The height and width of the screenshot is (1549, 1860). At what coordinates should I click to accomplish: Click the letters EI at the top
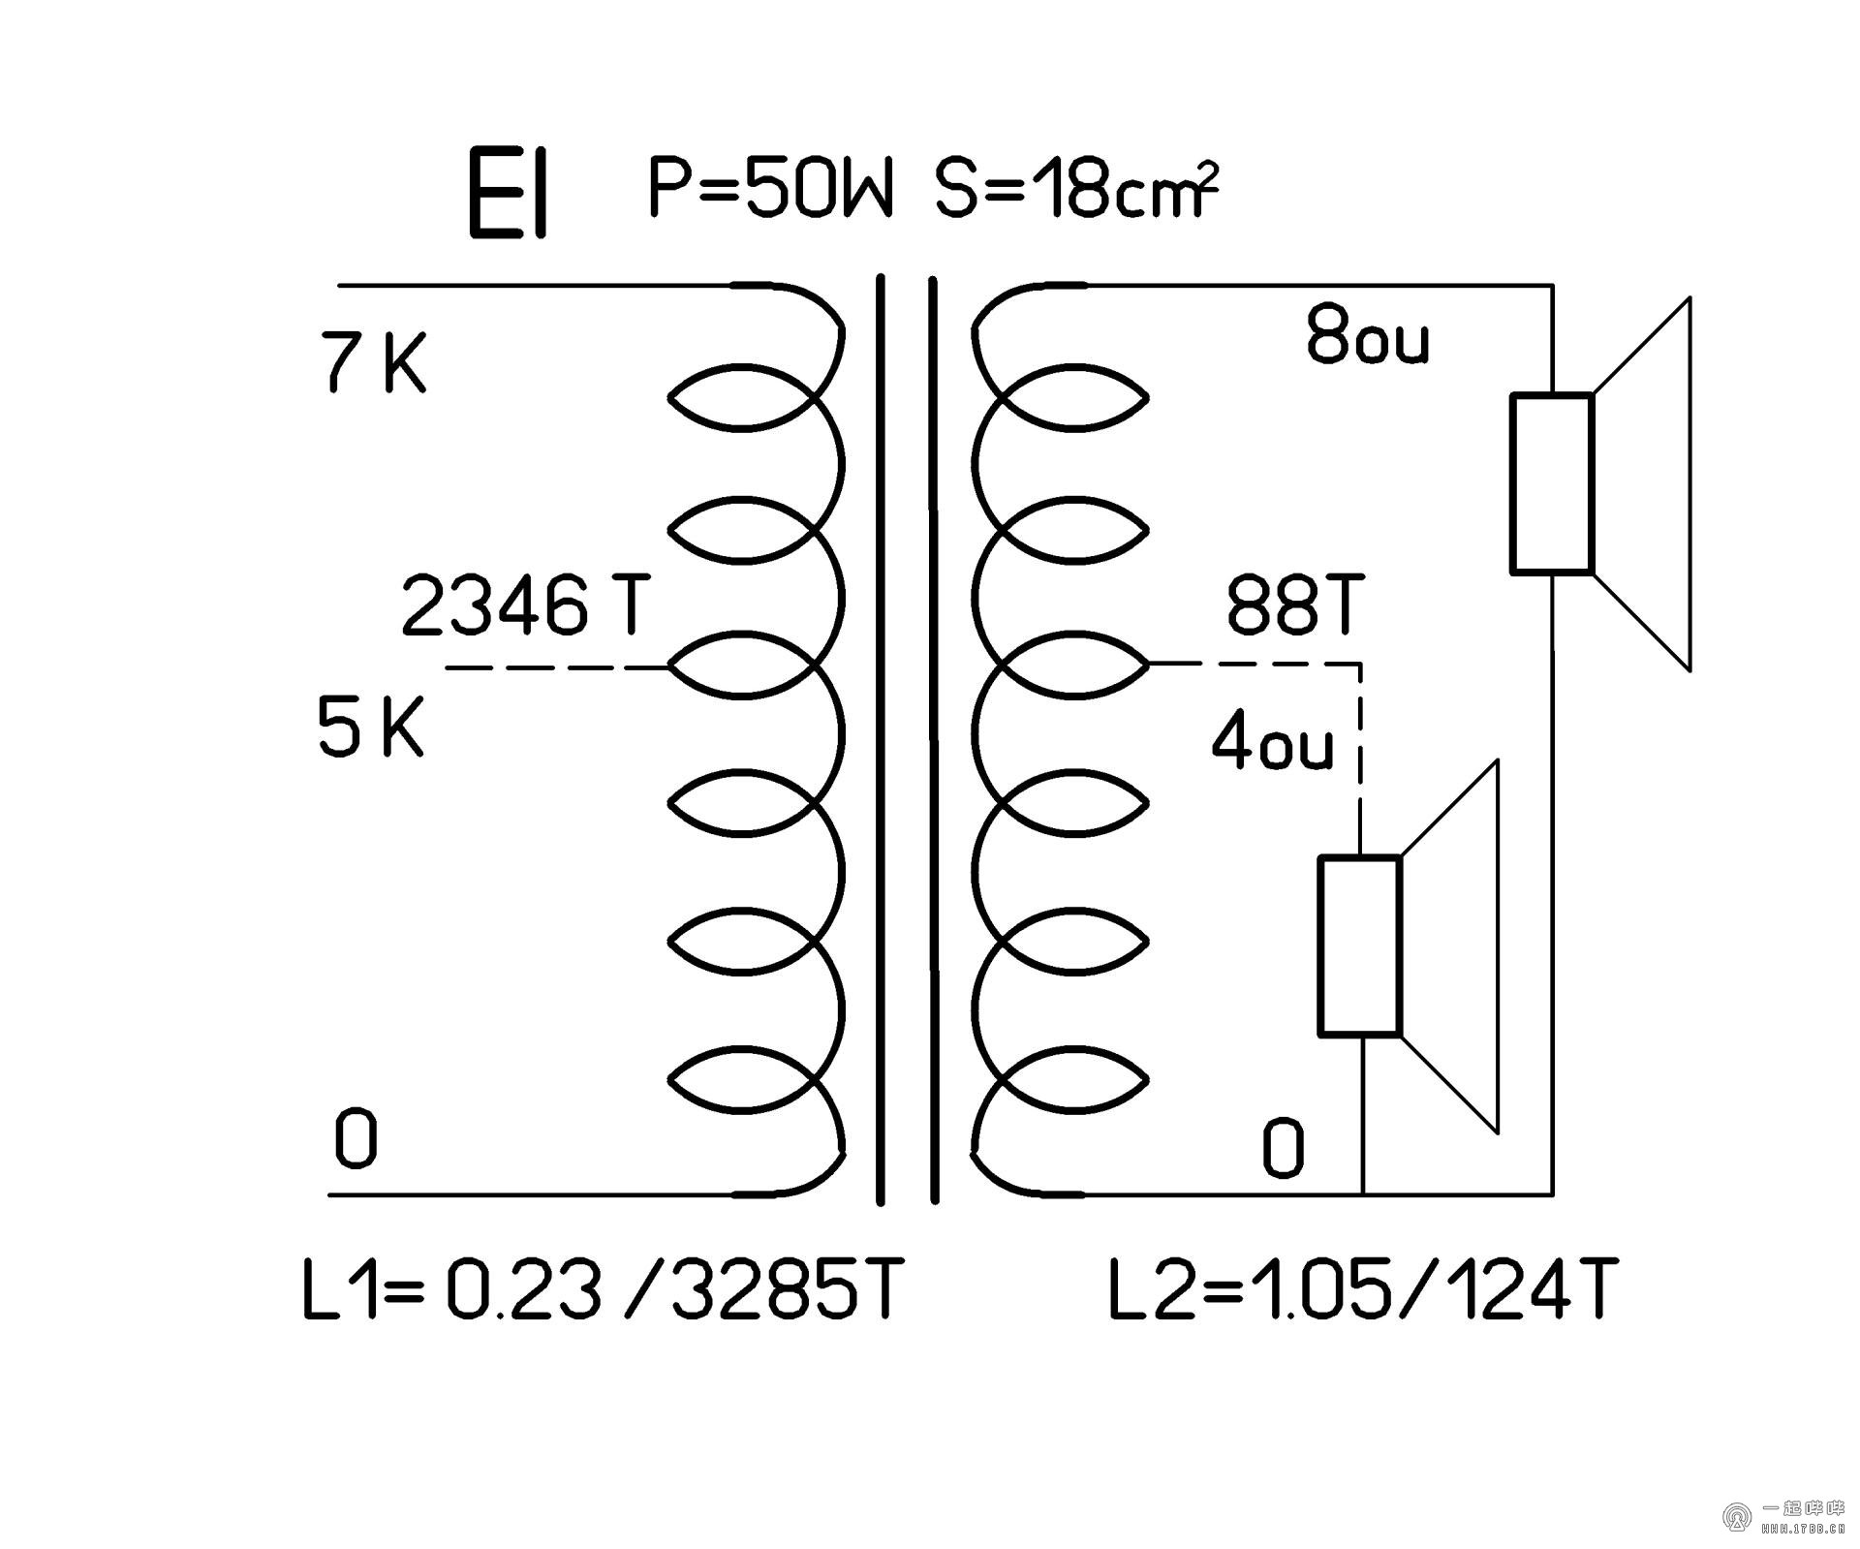[508, 194]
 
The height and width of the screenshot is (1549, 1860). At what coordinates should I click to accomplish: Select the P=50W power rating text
[768, 188]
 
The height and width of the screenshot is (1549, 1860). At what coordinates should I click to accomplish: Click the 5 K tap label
[370, 728]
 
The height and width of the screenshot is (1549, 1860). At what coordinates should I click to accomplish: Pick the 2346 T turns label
[524, 606]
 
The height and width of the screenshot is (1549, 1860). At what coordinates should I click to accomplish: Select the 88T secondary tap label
[1294, 604]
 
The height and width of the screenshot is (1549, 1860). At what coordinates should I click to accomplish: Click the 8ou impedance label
[1367, 335]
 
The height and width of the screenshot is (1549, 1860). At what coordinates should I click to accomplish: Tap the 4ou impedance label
[1272, 744]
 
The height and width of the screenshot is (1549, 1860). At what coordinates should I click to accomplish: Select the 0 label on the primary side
[355, 1139]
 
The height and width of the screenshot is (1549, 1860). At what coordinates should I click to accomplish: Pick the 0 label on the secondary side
[1283, 1149]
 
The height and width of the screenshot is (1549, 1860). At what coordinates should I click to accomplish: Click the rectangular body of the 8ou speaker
[1552, 483]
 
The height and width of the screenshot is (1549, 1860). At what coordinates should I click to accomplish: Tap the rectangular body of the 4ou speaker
[1359, 945]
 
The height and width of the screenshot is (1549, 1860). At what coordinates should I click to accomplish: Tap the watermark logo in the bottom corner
[1735, 1516]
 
